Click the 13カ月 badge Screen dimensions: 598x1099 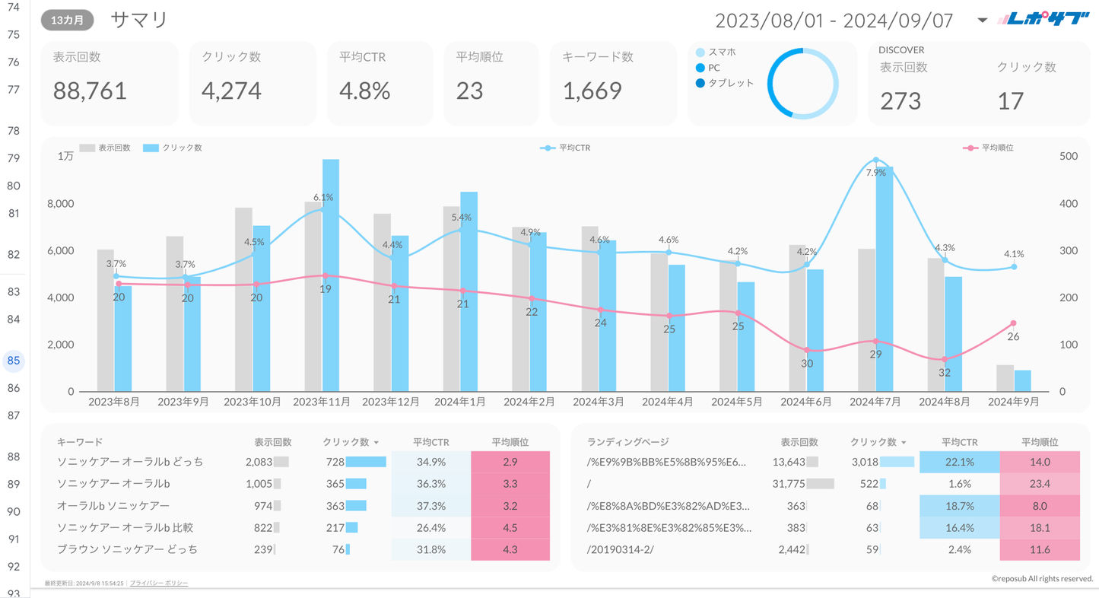pyautogui.click(x=68, y=21)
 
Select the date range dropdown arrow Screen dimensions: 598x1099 pyautogui.click(x=982, y=21)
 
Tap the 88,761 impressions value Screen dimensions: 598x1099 pyautogui.click(x=90, y=91)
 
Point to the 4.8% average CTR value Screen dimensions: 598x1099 pyautogui.click(x=364, y=91)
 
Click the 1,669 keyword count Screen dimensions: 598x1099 pyautogui.click(x=592, y=91)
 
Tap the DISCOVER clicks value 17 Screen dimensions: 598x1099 pyautogui.click(x=1010, y=100)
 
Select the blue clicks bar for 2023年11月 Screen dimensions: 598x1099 pyautogui.click(x=330, y=274)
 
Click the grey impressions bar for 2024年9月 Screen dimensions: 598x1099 pyautogui.click(x=1005, y=378)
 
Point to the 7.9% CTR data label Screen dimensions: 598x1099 pyautogui.click(x=876, y=173)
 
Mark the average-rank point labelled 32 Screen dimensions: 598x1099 pyautogui.click(x=945, y=360)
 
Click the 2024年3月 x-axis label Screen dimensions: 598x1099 pyautogui.click(x=599, y=402)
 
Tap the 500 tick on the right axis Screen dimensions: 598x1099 pyautogui.click(x=1069, y=156)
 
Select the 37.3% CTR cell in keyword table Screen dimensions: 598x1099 pyautogui.click(x=431, y=506)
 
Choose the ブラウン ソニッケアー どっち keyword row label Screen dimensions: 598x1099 pyautogui.click(x=127, y=549)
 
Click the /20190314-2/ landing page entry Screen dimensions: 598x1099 pyautogui.click(x=621, y=549)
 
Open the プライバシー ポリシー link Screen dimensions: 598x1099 pyautogui.click(x=159, y=584)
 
